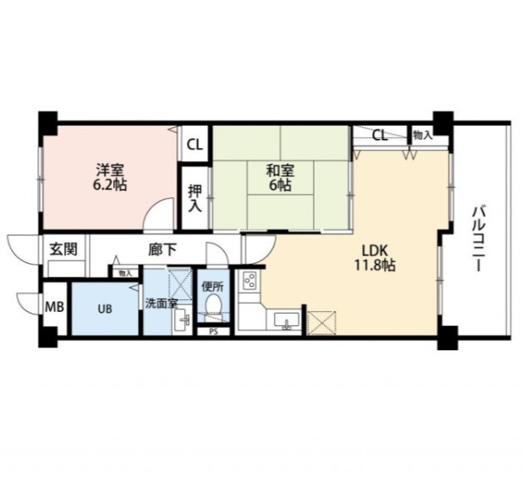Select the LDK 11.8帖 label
(375, 257)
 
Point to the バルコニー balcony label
(478, 240)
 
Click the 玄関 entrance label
(63, 249)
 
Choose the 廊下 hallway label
(162, 249)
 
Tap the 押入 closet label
(195, 199)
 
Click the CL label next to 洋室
(195, 145)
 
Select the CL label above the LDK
(380, 136)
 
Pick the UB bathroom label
(105, 309)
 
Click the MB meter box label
(55, 307)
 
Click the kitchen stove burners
(250, 281)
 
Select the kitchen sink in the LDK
(286, 320)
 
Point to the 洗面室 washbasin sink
(182, 321)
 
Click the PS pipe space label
(213, 332)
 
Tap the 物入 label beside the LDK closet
(422, 135)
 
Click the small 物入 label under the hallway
(126, 274)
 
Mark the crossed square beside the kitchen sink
(321, 323)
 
